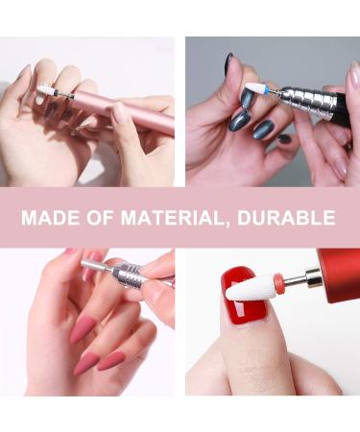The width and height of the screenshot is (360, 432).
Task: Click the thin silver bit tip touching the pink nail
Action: (x=92, y=265)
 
